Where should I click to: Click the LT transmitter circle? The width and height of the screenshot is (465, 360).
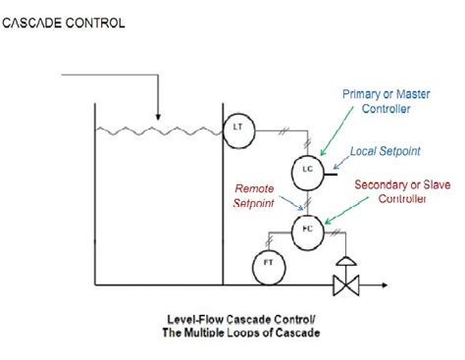237,127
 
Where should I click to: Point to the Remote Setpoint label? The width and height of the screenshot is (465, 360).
255,197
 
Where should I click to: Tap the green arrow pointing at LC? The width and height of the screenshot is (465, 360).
333,137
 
